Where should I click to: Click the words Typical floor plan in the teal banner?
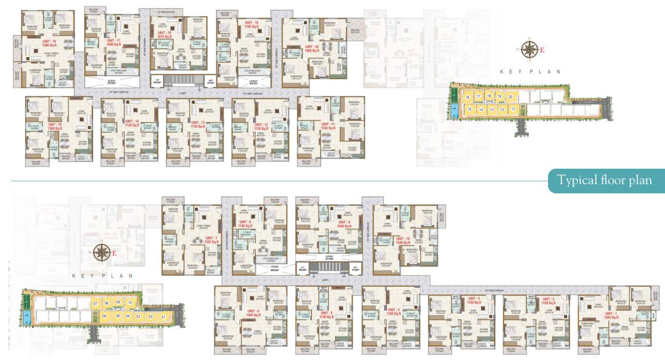point(605,181)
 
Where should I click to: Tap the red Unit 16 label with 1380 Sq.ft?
point(49,43)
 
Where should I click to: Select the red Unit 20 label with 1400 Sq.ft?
point(311,48)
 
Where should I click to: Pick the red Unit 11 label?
point(327,126)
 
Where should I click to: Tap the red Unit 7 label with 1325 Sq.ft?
point(211,240)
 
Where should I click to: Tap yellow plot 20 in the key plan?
point(510,97)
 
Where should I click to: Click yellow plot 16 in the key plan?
point(468,97)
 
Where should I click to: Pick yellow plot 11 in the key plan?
point(513,110)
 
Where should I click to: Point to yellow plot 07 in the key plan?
point(96,304)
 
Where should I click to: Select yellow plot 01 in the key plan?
point(164,317)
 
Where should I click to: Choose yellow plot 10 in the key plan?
point(131,303)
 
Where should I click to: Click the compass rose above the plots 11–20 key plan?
point(529,49)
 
